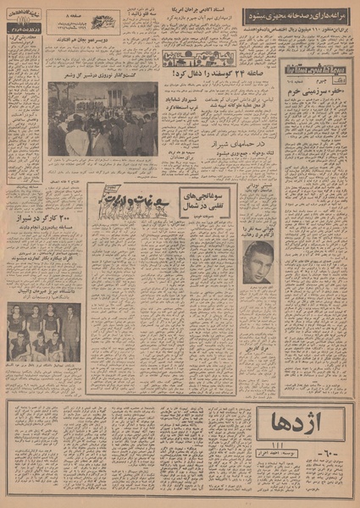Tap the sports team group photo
43,333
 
